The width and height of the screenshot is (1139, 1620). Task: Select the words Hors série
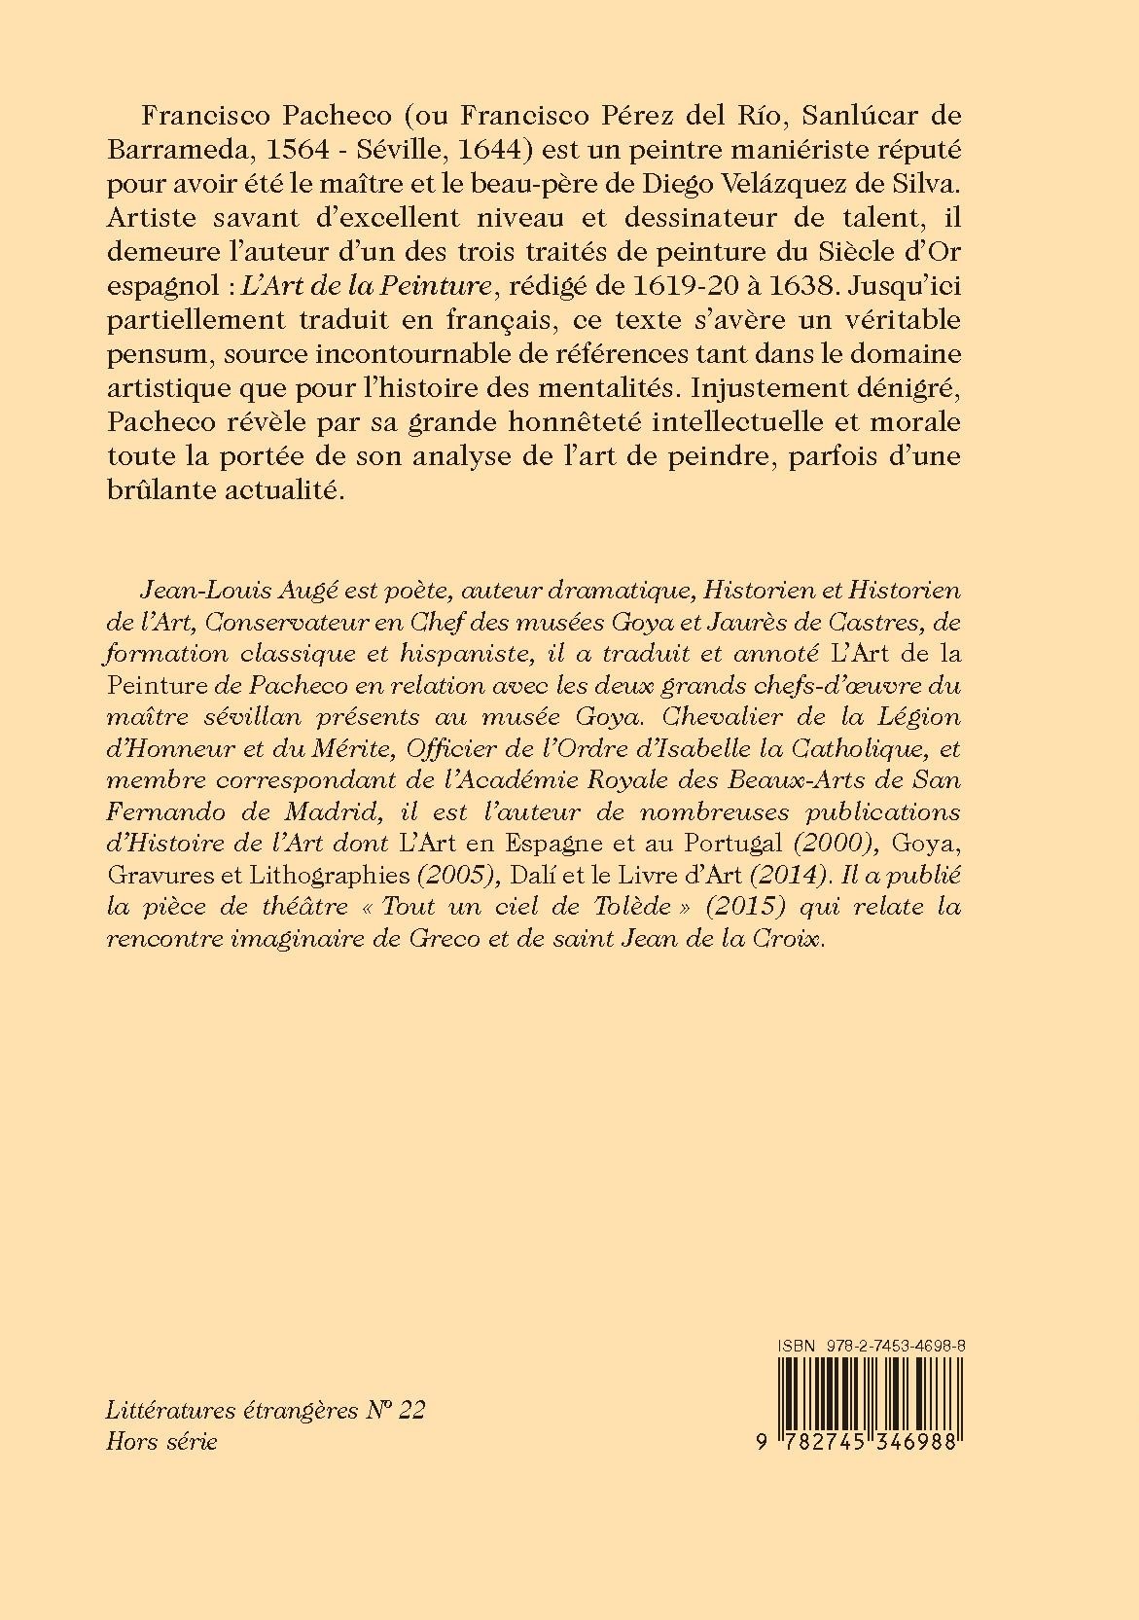pyautogui.click(x=161, y=1440)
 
